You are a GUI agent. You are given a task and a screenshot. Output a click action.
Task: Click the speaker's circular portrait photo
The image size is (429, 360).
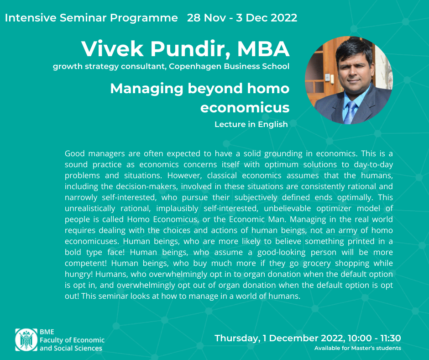tap(349, 80)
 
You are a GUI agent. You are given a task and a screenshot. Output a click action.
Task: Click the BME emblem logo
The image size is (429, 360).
tap(26, 340)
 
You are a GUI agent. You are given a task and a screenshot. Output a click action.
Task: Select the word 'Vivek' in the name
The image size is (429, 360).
tap(112, 49)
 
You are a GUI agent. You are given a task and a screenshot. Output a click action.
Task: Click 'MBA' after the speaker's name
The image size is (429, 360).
tap(263, 49)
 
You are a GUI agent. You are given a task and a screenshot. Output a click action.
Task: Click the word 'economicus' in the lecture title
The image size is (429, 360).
tap(245, 107)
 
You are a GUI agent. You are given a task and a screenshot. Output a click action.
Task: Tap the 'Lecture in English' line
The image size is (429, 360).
tap(251, 124)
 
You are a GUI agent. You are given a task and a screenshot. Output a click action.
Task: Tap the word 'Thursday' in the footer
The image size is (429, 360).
tap(236, 339)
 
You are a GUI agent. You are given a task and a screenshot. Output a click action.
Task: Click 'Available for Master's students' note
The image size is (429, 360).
tap(358, 348)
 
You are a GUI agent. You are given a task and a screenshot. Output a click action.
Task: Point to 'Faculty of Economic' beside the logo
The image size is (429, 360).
tap(72, 340)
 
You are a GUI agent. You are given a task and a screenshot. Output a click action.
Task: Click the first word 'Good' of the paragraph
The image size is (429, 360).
tap(75, 154)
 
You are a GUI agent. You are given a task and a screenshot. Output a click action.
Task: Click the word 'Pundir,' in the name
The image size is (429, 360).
tap(190, 49)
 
